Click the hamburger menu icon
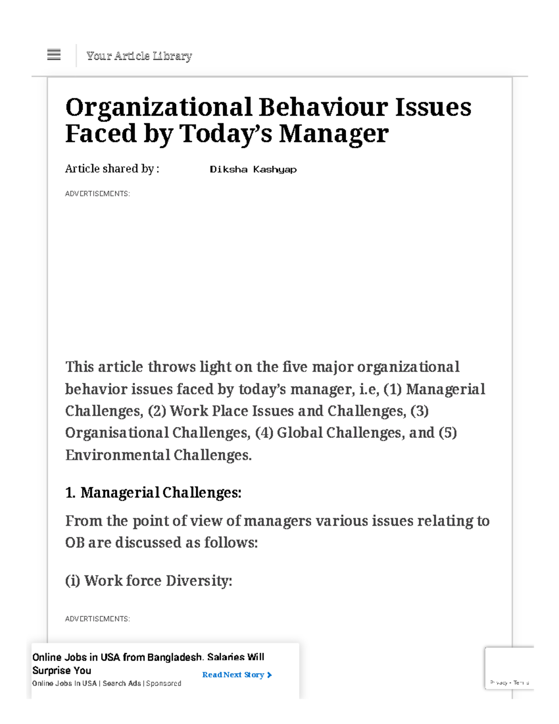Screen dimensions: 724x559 tap(54, 55)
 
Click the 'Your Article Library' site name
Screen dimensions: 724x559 tap(139, 56)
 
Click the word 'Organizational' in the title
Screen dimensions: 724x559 tap(158, 107)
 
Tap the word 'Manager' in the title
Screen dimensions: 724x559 tap(334, 134)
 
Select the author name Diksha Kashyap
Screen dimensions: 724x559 tap(253, 169)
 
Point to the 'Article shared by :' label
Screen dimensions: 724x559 tap(112, 169)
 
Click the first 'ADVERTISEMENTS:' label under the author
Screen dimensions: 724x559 tap(97, 193)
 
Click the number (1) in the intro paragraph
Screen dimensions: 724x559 tap(392, 389)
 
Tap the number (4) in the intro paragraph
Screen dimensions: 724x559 tap(264, 433)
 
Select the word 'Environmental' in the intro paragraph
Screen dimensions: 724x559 tap(117, 455)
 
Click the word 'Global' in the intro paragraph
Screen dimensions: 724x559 tap(300, 433)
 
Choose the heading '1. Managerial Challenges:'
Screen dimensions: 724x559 tap(153, 493)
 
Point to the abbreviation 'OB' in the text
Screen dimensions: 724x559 tap(75, 543)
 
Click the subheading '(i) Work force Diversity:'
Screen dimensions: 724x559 tap(149, 581)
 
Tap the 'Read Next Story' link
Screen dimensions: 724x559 tap(237, 675)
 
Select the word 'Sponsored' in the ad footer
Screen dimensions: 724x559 tap(164, 683)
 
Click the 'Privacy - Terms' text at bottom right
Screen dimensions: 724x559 tap(509, 683)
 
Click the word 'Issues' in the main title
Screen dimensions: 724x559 tap(433, 107)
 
